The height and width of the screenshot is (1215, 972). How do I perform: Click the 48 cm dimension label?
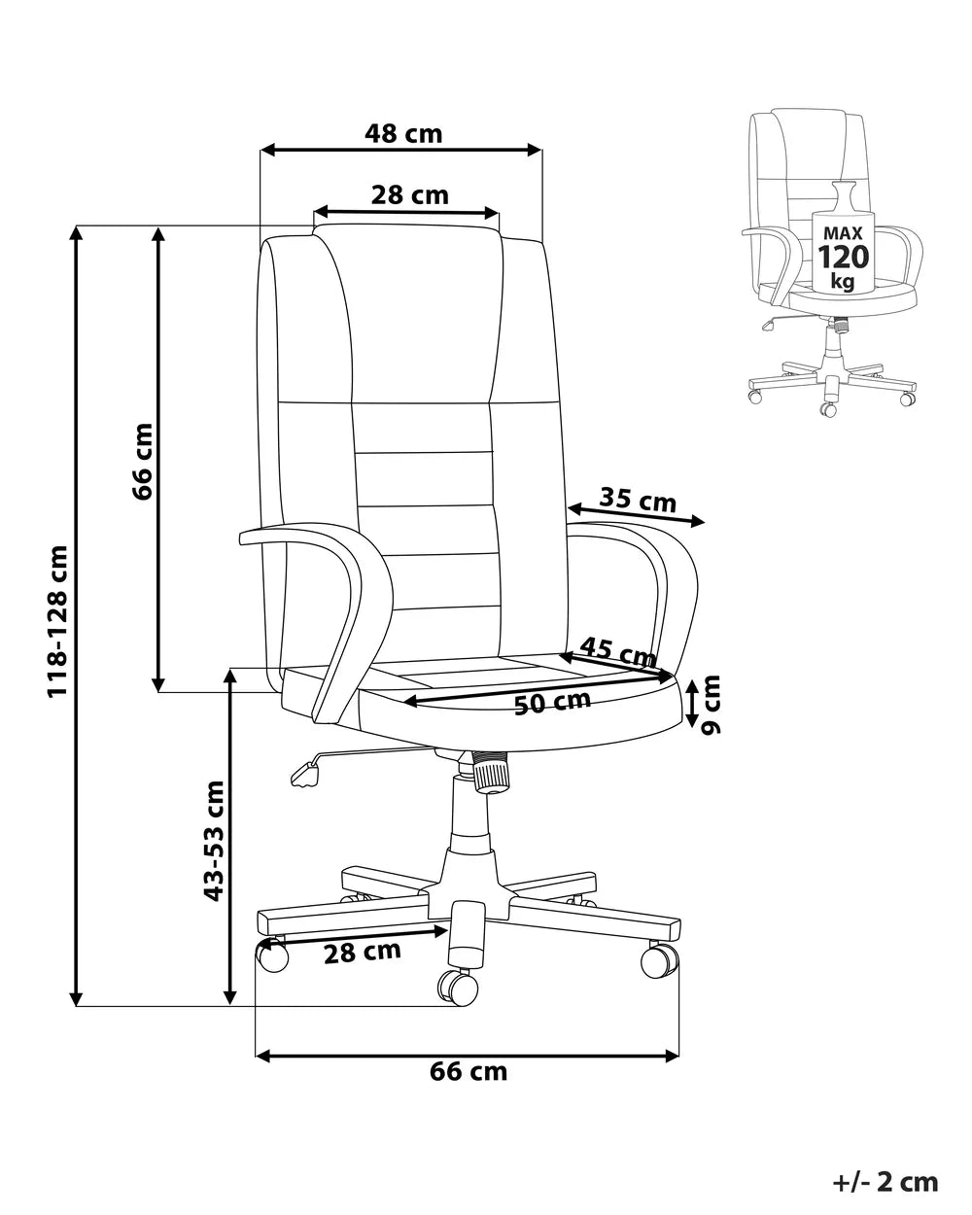(402, 133)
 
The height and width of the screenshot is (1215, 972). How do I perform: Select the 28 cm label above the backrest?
(409, 195)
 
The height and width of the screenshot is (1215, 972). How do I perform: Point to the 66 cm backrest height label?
(142, 461)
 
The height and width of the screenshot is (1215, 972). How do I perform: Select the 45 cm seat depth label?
(619, 651)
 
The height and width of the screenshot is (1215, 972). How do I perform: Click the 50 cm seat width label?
(552, 702)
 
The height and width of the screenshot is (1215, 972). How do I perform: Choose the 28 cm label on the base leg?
(362, 953)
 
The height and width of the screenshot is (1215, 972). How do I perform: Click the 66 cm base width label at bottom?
(469, 1071)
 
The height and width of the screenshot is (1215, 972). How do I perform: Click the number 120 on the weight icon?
(843, 258)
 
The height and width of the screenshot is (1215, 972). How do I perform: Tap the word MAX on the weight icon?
(843, 233)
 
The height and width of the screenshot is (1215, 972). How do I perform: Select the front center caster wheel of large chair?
(458, 988)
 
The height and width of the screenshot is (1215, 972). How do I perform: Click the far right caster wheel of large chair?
(659, 960)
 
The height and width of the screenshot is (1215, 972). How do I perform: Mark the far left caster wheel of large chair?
(272, 955)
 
